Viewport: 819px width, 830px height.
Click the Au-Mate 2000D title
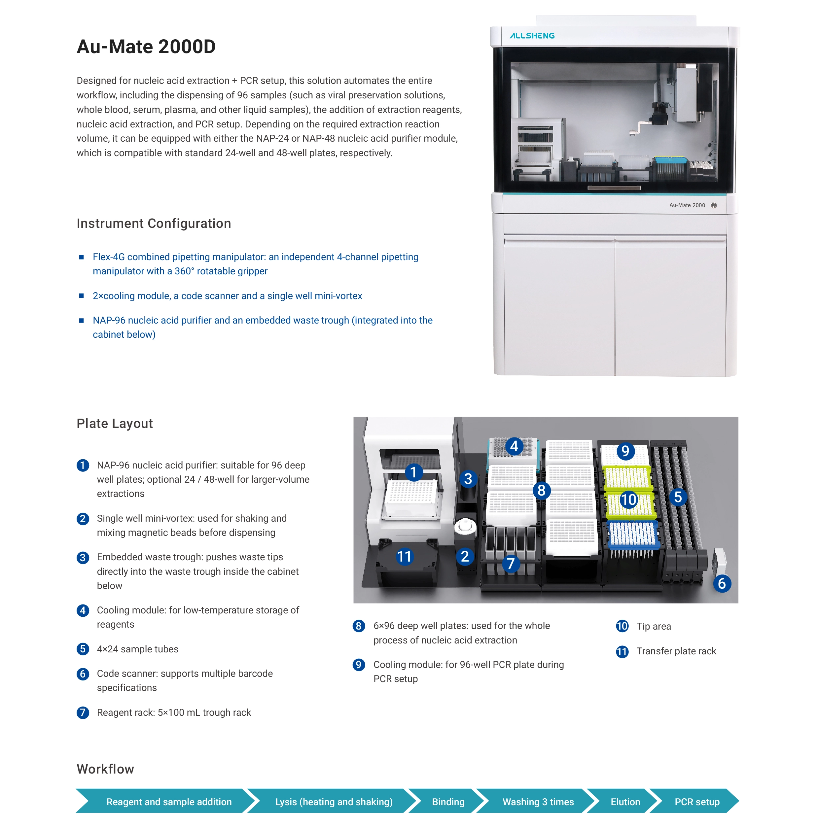[x=146, y=47]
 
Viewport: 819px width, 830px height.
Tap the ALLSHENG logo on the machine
[x=532, y=36]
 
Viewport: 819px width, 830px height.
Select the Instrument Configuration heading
[x=154, y=224]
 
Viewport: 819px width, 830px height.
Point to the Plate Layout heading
[x=114, y=424]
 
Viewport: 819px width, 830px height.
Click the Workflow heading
[x=105, y=769]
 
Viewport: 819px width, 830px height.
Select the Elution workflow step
[x=625, y=802]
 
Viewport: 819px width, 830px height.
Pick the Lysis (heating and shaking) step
[x=334, y=802]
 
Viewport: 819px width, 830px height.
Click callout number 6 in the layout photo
[x=722, y=583]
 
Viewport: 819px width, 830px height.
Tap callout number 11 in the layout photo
[x=404, y=556]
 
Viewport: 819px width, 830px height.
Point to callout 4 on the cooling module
[x=514, y=446]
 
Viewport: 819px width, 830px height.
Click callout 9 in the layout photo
[x=625, y=451]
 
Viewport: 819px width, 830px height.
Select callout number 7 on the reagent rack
[x=511, y=563]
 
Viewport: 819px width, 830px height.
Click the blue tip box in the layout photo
[x=633, y=535]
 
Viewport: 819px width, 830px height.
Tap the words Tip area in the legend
[x=653, y=626]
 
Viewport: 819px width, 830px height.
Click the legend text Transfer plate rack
[x=676, y=651]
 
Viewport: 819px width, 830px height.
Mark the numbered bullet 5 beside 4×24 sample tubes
[x=83, y=649]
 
